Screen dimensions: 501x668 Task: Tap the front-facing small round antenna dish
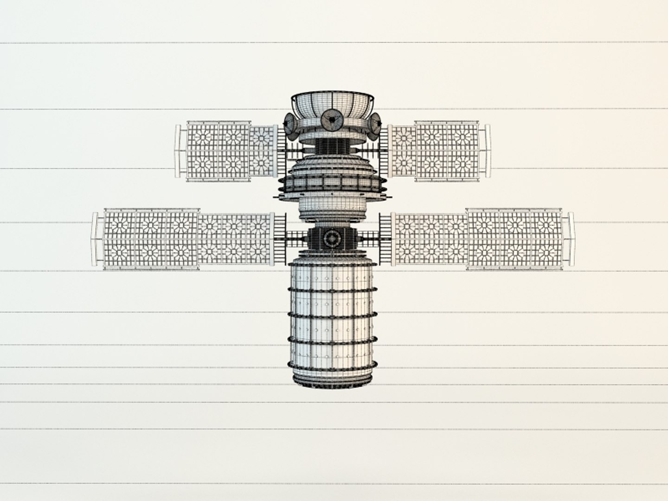click(332, 121)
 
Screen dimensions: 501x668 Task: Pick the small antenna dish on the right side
click(375, 124)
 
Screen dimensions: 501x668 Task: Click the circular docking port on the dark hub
click(332, 238)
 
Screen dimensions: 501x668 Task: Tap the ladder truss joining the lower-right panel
click(385, 238)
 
